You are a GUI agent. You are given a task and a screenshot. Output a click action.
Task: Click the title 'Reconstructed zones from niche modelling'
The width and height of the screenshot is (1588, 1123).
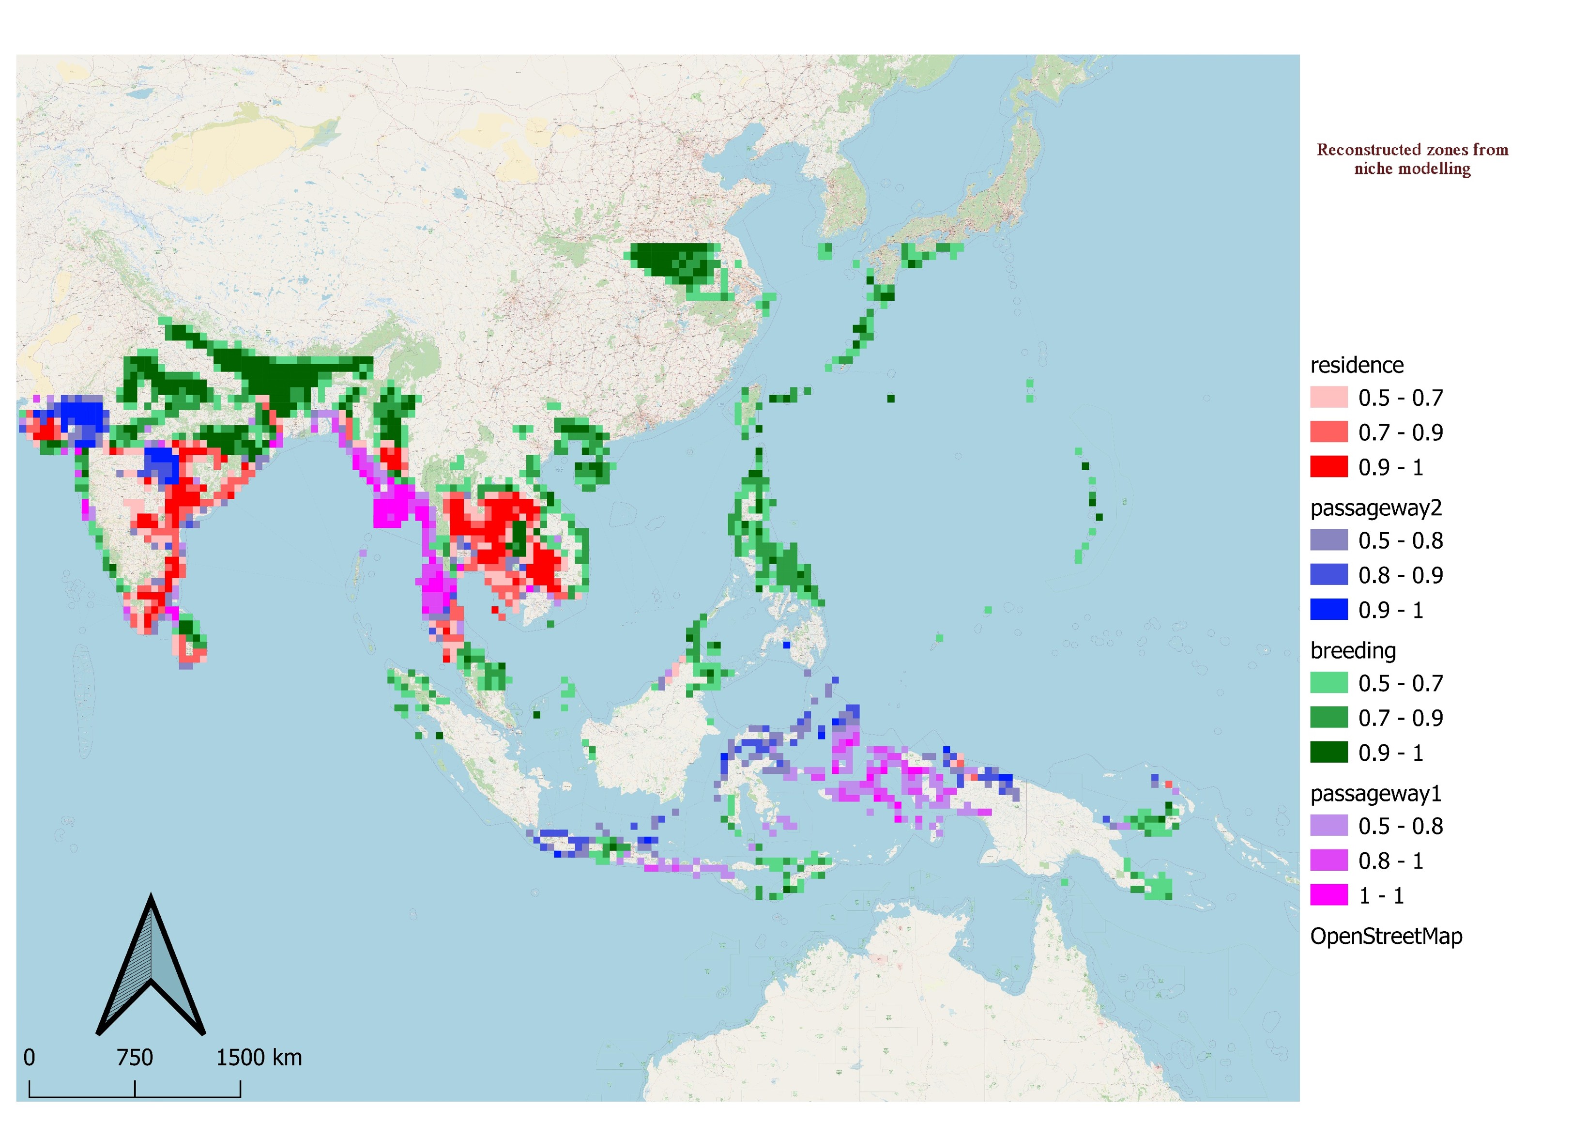[x=1412, y=159]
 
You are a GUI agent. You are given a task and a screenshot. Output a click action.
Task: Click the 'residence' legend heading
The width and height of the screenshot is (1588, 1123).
[x=1356, y=365]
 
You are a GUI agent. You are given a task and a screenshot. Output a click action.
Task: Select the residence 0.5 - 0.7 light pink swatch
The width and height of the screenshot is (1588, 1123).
[x=1328, y=397]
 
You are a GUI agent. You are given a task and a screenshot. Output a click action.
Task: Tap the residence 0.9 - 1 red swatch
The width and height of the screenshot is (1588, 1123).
[x=1328, y=467]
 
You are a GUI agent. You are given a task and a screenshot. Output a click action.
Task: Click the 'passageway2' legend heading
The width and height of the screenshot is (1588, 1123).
[x=1375, y=508]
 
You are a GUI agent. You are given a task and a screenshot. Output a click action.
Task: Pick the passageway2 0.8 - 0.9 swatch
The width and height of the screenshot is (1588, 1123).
[x=1328, y=575]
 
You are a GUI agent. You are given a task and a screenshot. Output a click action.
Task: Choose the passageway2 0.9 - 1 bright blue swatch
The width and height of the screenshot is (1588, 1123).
[x=1328, y=610]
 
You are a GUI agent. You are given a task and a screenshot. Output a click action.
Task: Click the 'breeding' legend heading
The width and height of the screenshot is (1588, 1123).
[x=1352, y=651]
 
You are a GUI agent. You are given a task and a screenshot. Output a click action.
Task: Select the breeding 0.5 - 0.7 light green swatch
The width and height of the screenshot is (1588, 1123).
[x=1328, y=683]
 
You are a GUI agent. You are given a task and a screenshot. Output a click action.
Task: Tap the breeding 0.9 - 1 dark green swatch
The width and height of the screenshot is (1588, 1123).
[x=1328, y=752]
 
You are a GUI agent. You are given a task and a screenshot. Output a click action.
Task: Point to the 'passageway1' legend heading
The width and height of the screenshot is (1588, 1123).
[x=1375, y=794]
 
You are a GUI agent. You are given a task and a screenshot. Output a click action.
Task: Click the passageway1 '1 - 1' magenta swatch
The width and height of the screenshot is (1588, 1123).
[x=1328, y=895]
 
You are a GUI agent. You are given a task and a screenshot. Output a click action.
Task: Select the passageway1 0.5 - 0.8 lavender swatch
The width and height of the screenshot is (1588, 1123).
[x=1328, y=826]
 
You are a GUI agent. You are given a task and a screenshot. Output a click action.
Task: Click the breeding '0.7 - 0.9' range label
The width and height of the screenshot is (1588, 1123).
[x=1400, y=718]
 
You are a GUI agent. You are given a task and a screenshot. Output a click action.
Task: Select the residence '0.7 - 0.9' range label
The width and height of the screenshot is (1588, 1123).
[x=1400, y=432]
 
